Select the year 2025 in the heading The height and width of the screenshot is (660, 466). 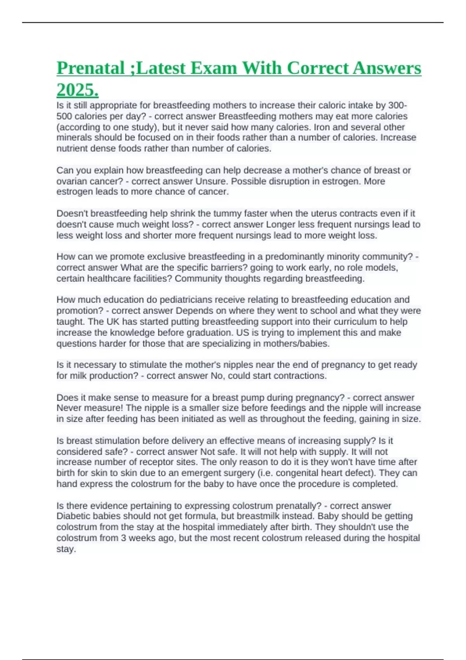point(77,90)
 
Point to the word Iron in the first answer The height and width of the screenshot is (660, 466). point(322,127)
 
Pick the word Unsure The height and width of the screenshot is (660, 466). point(212,181)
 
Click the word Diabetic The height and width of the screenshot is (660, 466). point(73,516)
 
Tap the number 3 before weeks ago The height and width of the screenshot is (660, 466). point(122,538)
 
